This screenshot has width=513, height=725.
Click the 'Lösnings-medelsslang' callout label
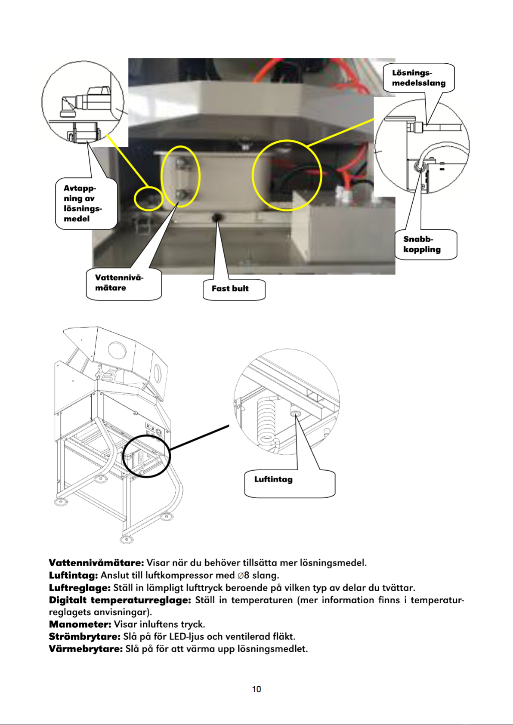419,78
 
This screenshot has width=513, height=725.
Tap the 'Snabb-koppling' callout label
426,244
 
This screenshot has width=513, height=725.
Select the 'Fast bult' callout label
234,289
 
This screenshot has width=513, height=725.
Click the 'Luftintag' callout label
290,483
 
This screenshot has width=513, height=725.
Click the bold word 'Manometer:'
80,624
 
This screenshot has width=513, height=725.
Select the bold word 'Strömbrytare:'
85,637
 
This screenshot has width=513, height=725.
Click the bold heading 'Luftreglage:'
80,588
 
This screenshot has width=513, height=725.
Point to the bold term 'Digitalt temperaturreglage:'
120,600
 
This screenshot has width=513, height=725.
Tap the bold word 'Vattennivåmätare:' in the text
96,563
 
